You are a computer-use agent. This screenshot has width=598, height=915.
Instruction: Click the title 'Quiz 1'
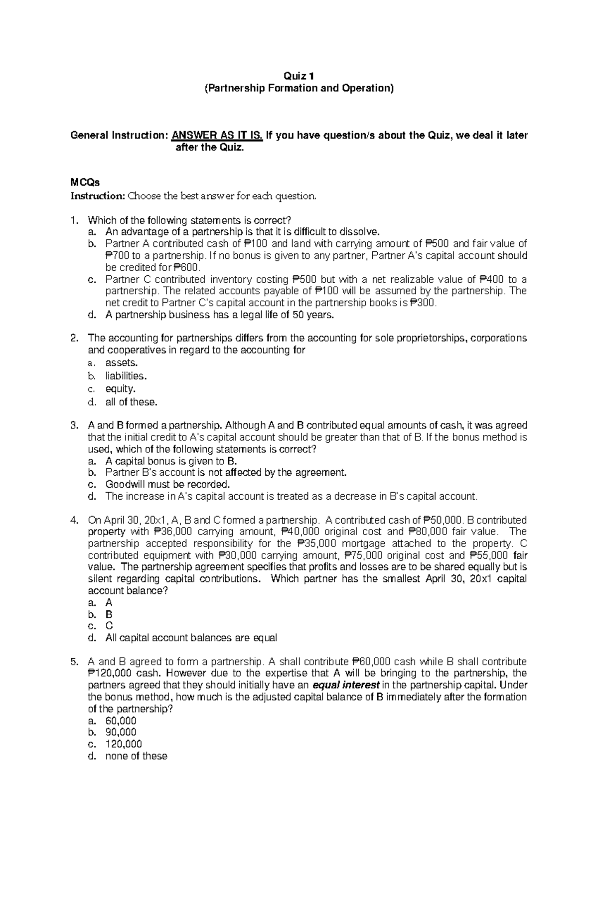coord(299,76)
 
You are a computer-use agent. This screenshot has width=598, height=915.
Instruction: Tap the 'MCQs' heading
coord(85,183)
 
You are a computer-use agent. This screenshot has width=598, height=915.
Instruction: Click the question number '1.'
coord(74,220)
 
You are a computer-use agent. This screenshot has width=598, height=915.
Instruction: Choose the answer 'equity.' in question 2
coord(120,389)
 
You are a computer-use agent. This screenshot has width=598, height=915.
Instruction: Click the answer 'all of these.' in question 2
coord(131,402)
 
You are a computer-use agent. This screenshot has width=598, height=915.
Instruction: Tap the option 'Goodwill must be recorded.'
coord(168,484)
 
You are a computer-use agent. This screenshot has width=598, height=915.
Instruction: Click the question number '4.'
coord(74,520)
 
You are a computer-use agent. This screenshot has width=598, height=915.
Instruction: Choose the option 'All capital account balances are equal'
coord(191,638)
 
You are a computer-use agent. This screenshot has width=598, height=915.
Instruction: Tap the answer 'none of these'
coord(136,756)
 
